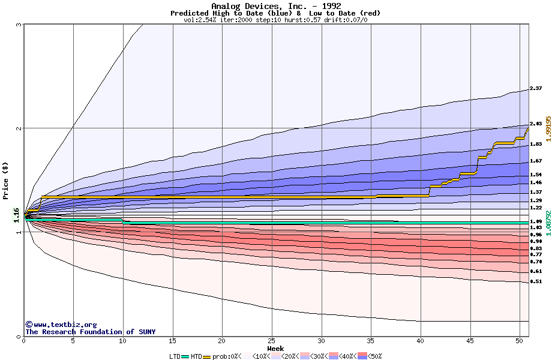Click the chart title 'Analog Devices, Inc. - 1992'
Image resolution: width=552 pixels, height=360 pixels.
(276, 6)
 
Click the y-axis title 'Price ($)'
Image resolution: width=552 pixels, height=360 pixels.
(5, 180)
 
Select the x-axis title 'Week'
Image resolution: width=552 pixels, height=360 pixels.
(275, 348)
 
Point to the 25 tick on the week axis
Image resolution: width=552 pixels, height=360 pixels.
(272, 341)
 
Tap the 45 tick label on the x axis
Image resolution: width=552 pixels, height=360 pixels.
(471, 341)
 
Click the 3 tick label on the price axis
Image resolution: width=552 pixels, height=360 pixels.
(19, 25)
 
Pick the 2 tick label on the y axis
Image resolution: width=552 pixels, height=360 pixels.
(19, 128)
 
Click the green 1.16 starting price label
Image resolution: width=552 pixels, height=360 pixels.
(17, 214)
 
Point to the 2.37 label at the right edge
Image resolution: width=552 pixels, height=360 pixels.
(536, 88)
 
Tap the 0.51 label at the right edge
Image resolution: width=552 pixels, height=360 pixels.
(536, 281)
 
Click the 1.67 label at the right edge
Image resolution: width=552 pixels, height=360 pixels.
(536, 161)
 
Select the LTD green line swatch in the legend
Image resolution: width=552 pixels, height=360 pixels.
(185, 356)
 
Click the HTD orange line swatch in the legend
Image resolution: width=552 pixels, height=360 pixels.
(208, 356)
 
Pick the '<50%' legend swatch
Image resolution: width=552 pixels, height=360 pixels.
(363, 356)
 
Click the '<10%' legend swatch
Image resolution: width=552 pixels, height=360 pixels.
(248, 356)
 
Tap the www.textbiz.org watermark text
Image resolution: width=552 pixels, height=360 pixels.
(61, 325)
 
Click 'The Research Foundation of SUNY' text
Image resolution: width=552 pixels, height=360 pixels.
(90, 332)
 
